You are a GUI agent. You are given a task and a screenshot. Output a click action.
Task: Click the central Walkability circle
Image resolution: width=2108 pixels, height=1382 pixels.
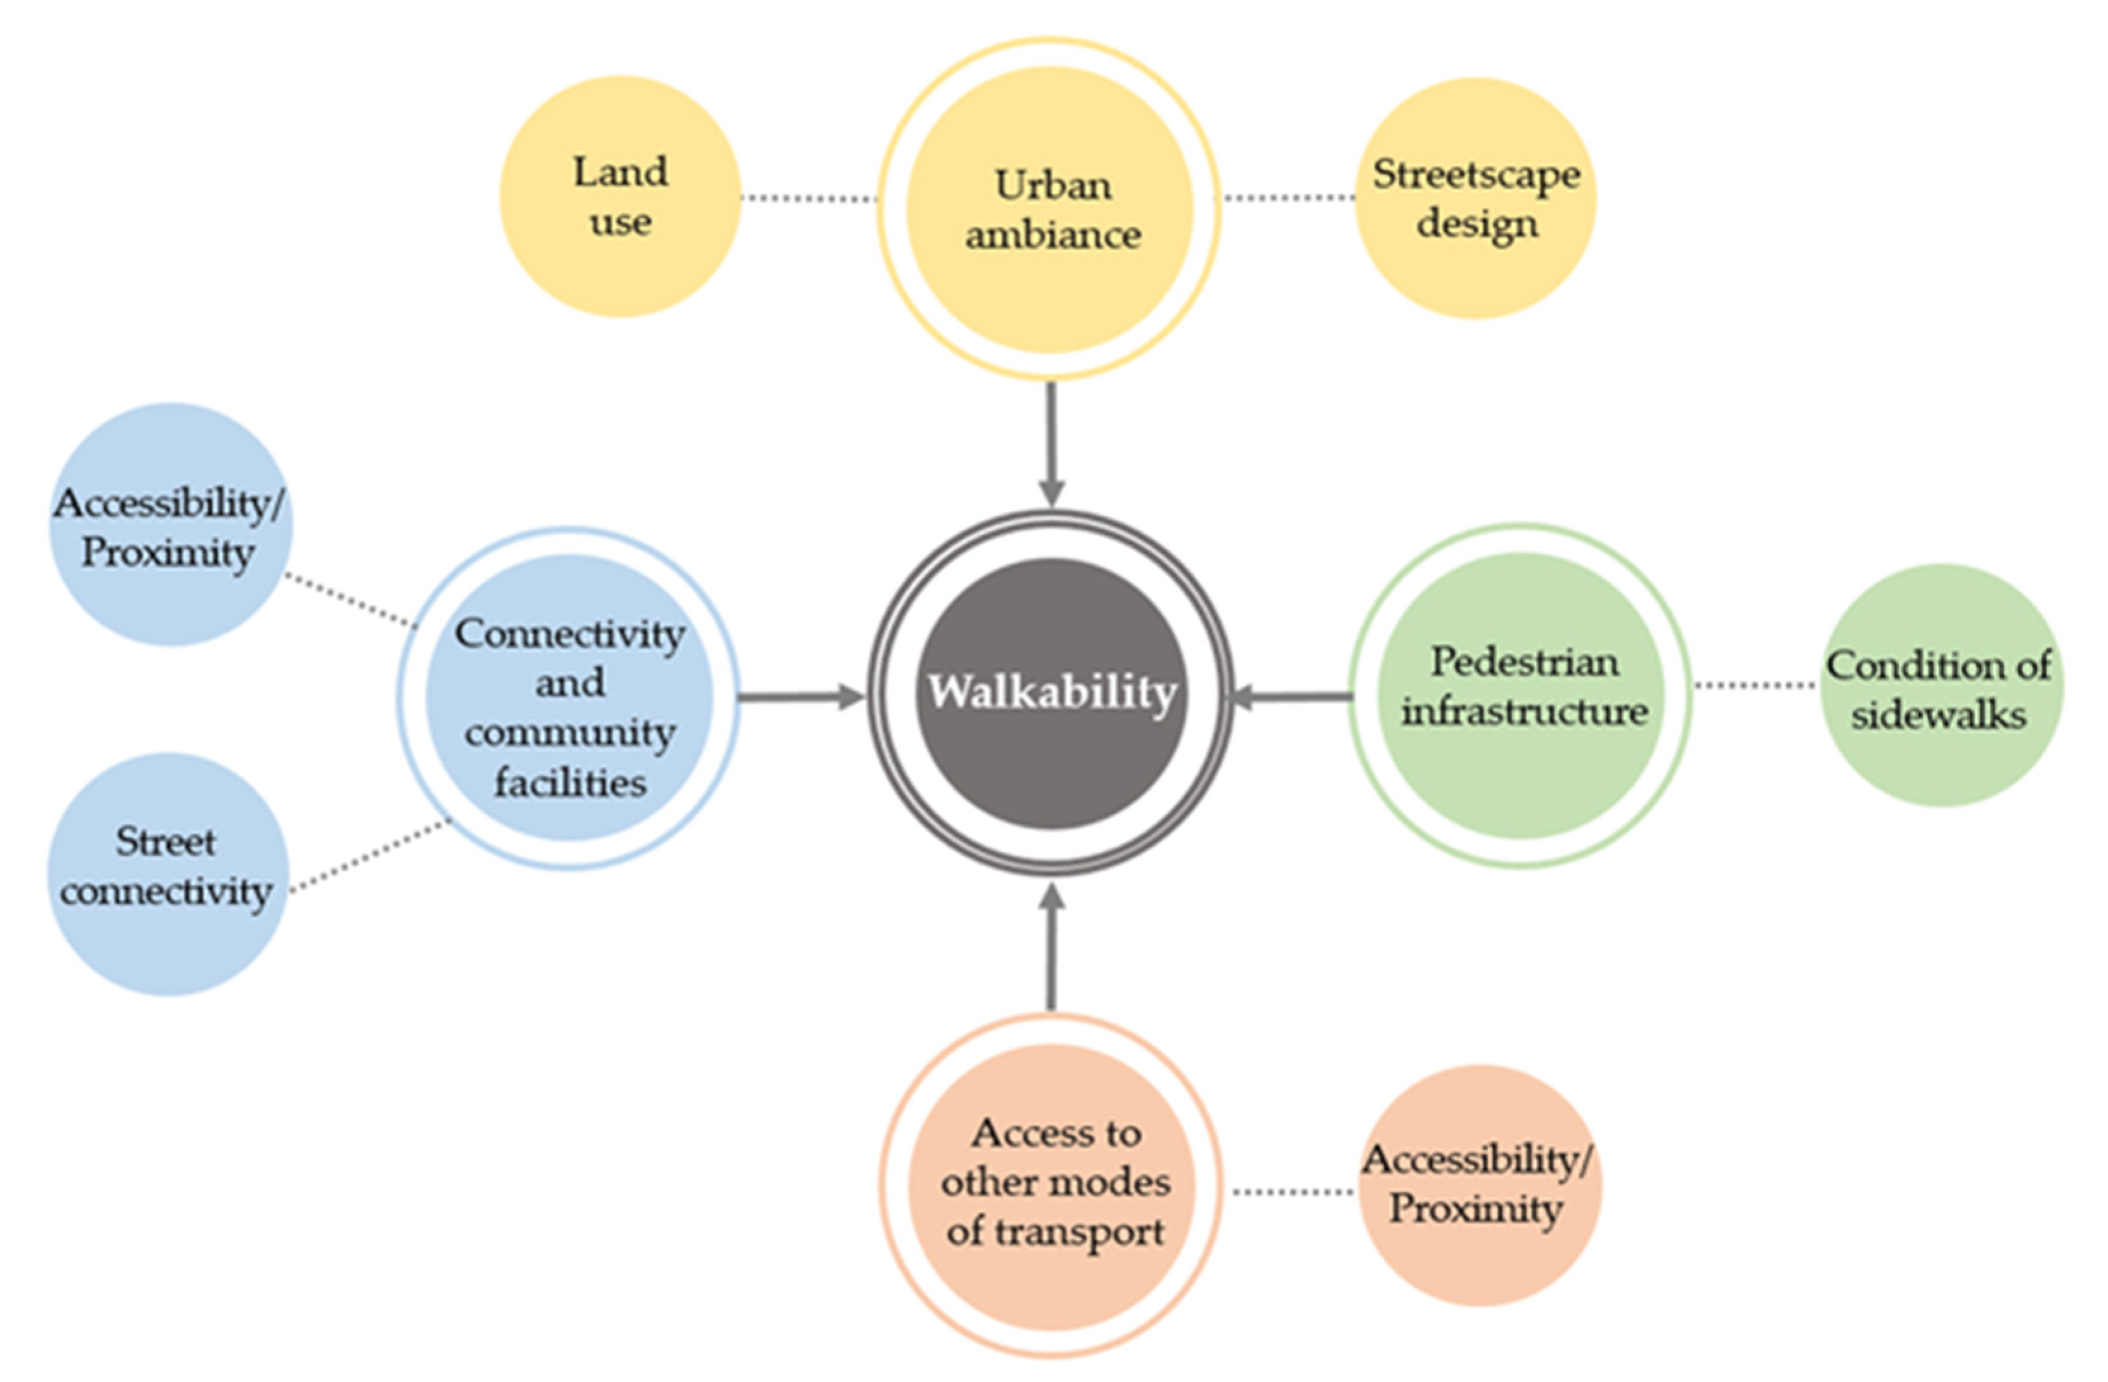tap(1051, 694)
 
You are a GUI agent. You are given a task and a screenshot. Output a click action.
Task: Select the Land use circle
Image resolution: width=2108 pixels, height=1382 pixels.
tap(620, 196)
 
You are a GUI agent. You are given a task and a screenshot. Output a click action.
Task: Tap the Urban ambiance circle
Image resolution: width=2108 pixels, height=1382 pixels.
tap(1051, 210)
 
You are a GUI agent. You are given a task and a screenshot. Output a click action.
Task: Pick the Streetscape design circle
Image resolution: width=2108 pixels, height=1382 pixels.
tap(1476, 198)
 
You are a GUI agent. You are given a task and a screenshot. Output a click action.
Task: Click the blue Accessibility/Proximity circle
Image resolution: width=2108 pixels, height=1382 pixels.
tap(169, 526)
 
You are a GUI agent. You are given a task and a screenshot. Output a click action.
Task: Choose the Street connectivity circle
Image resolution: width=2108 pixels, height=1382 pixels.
tap(167, 874)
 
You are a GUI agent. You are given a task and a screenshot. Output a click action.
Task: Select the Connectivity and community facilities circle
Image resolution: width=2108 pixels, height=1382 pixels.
tap(569, 697)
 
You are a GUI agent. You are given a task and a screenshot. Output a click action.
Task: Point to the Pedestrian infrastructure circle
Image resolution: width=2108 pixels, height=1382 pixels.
tap(1522, 695)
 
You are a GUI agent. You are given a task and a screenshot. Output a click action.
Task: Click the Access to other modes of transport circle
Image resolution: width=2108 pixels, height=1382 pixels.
tap(1052, 1185)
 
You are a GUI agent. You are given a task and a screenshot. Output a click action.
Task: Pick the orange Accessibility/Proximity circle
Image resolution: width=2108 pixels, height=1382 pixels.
tap(1480, 1185)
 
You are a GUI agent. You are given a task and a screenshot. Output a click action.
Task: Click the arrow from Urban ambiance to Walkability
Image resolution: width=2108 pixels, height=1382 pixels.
tap(1051, 443)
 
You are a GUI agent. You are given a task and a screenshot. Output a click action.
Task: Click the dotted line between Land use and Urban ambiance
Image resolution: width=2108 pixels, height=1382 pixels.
tap(808, 198)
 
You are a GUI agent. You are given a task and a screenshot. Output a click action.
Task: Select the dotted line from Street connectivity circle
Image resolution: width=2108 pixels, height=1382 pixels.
tap(370, 856)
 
